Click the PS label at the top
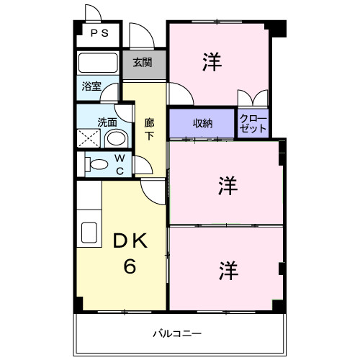99,33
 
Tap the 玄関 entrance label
143,63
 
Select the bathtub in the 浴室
98,63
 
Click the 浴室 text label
91,86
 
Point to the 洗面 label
107,122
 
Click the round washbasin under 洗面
116,138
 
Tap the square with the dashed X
89,138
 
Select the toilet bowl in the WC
96,164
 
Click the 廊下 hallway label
149,130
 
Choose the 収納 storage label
203,123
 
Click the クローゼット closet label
253,124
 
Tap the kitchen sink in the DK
89,233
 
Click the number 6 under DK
130,266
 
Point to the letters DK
130,241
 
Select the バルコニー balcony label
177,333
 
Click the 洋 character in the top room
212,62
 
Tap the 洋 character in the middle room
228,186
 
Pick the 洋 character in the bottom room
228,271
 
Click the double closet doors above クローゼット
253,98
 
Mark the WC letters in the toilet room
120,164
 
